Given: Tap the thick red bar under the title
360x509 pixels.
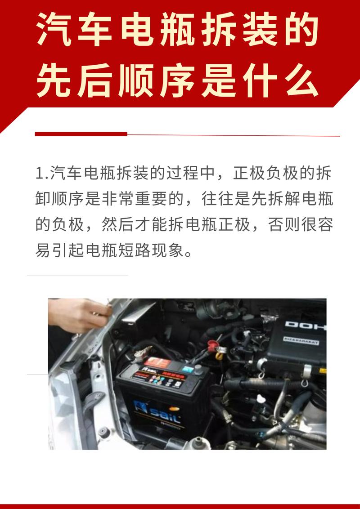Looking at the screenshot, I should [x=81, y=134].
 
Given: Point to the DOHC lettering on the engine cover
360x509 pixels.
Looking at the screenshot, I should [x=304, y=325].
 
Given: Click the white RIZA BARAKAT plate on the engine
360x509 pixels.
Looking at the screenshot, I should [x=300, y=342].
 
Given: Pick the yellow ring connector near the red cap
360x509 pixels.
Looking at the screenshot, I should [x=219, y=357].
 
